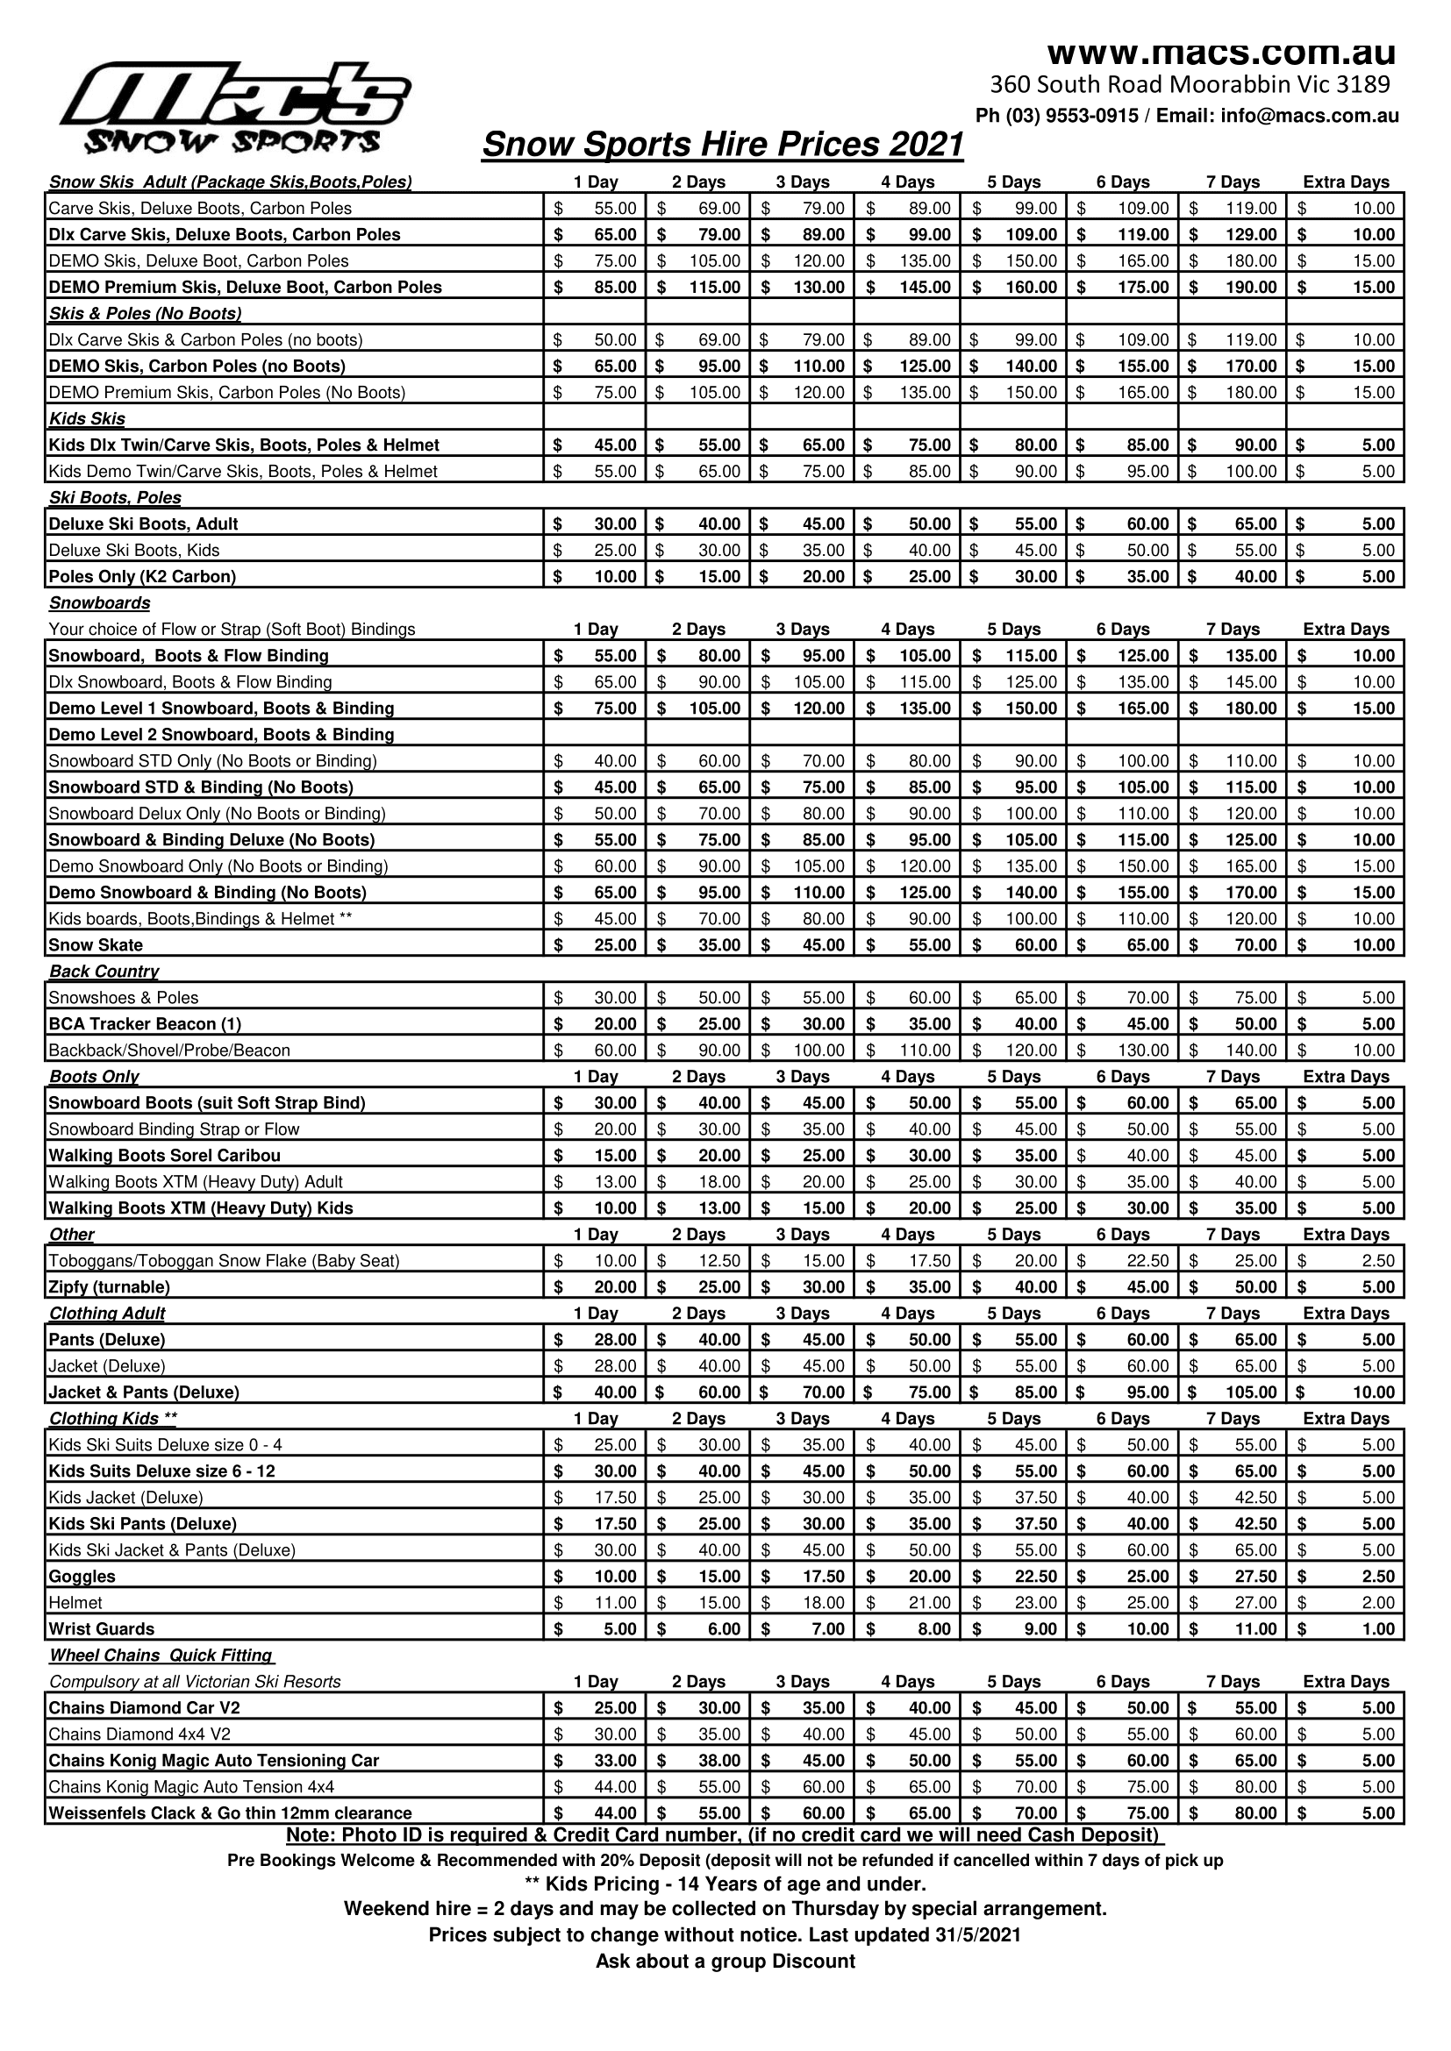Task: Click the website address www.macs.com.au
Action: (x=1220, y=53)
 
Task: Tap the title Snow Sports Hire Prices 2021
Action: (x=723, y=145)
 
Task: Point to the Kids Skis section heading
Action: (x=87, y=419)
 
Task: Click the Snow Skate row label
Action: (x=96, y=945)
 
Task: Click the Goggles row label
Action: (x=82, y=1576)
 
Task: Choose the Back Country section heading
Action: (x=104, y=971)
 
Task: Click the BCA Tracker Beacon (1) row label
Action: (x=145, y=1023)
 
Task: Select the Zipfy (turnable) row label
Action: (x=109, y=1287)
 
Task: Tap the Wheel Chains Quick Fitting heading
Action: (x=161, y=1656)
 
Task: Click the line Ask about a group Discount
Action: (x=725, y=1961)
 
